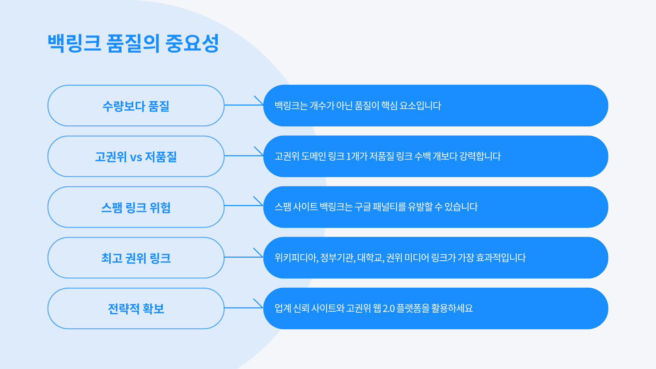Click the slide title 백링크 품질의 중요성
click(133, 43)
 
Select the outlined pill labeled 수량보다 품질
click(136, 106)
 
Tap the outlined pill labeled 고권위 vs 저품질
click(136, 156)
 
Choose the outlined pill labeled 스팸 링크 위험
click(136, 207)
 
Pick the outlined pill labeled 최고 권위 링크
click(136, 258)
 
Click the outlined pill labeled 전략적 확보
click(136, 309)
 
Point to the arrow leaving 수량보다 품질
click(244, 105)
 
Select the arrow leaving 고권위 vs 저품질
click(244, 155)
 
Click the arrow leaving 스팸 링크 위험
click(244, 205)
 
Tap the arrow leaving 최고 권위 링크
click(244, 257)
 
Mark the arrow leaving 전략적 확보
click(244, 307)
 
